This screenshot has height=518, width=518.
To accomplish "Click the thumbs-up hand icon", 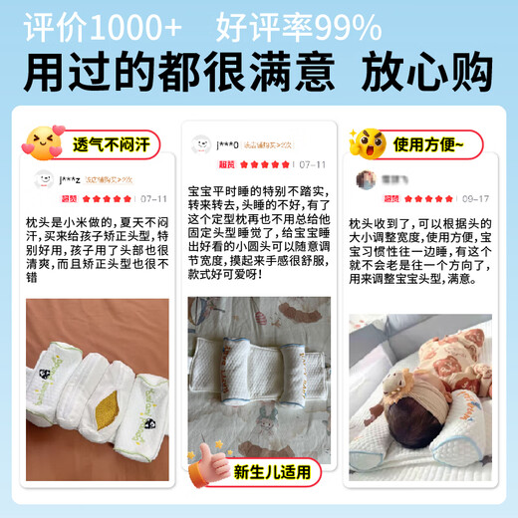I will (207, 461).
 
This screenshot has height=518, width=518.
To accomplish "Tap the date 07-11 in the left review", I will (153, 199).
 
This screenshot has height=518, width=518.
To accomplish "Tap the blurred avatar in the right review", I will (368, 180).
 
